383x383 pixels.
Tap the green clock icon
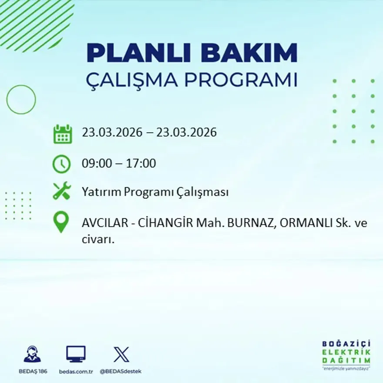pos(61,164)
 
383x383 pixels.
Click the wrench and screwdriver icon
pos(61,191)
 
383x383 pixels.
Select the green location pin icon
pos(61,222)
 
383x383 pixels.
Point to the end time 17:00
pos(141,164)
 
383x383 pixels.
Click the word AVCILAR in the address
pos(104,223)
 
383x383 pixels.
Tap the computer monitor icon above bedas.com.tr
pos(76,354)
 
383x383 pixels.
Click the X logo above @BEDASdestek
pos(121,354)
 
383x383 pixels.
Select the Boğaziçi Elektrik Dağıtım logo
pos(346,355)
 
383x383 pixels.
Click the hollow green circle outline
pos(21,100)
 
